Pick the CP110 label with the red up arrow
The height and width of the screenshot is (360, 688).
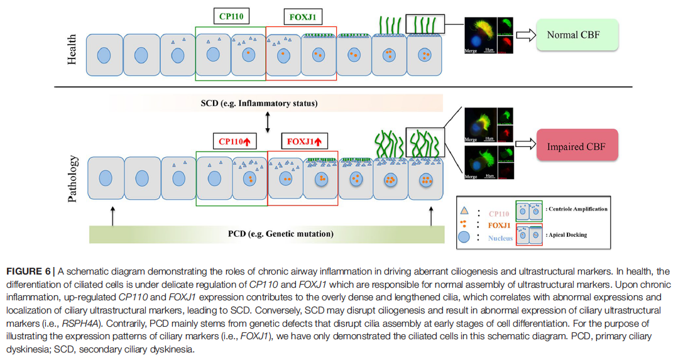coord(234,141)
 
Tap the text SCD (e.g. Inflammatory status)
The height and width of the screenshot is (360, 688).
coord(268,103)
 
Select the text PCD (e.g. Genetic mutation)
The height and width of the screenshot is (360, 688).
coord(280,234)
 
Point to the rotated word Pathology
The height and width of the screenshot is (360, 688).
coord(72,178)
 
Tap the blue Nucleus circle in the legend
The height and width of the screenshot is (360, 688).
coord(465,237)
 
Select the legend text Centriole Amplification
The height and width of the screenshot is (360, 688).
coord(578,209)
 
